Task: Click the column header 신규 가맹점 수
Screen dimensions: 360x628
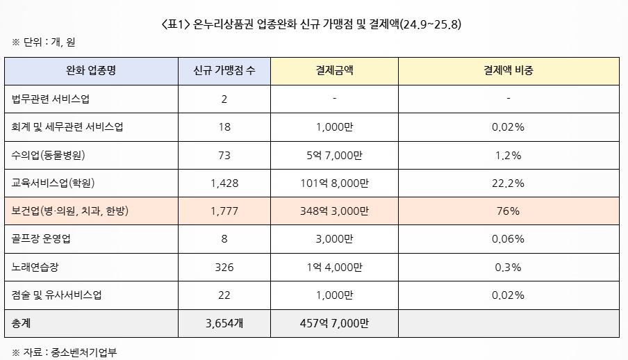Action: point(224,71)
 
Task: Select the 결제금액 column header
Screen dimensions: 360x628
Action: point(334,71)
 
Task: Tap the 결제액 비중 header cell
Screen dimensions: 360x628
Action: point(509,71)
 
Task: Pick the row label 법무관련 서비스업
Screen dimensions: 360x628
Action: point(51,99)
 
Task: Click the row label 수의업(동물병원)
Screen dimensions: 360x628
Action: point(49,155)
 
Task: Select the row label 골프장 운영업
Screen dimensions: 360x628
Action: point(41,239)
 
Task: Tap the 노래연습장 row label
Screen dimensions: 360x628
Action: point(36,267)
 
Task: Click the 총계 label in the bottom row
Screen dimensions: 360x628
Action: point(22,323)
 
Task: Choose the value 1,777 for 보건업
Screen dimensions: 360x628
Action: point(224,211)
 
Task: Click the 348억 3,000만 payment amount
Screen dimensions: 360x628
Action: point(334,211)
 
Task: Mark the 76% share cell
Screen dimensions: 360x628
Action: point(509,211)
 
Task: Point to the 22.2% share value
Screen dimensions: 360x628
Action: point(509,183)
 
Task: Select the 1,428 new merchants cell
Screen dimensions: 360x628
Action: point(224,183)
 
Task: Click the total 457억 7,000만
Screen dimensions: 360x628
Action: point(334,323)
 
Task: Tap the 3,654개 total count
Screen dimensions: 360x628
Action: point(224,323)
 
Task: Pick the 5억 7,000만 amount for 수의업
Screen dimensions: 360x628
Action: point(334,155)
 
